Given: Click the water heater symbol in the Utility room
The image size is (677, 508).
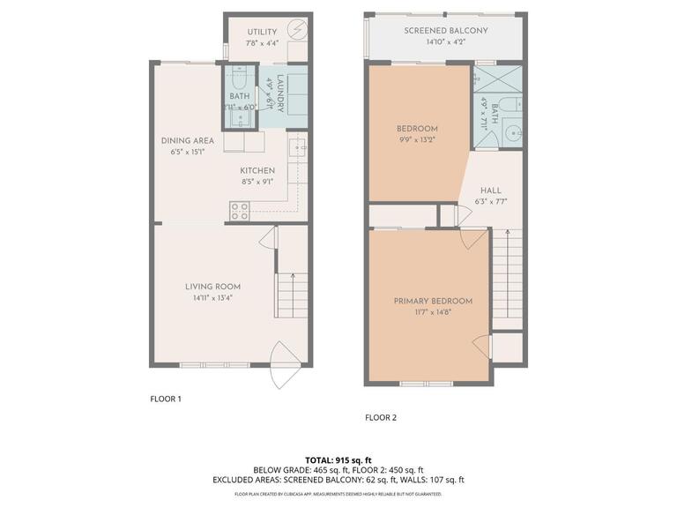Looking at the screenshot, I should click(297, 30).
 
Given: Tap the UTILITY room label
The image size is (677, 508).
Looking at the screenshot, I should click(262, 32).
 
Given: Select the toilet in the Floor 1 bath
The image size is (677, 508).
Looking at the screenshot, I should click(238, 77).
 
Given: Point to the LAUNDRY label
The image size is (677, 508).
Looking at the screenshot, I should click(279, 94).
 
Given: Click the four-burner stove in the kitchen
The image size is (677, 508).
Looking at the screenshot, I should click(239, 211).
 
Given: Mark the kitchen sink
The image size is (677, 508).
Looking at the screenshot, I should click(297, 146).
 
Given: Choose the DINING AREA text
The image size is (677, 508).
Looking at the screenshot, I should click(187, 140).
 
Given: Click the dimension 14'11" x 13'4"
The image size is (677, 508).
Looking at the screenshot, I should click(212, 298).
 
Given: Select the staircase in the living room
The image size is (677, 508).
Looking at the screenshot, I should click(292, 296).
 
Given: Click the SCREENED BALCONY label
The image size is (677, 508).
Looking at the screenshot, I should click(445, 31).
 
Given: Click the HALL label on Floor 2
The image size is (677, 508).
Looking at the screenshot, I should click(491, 190).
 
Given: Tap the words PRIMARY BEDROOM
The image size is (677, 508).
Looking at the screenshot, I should click(432, 301).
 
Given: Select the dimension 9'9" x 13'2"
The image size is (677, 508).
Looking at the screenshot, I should click(416, 139).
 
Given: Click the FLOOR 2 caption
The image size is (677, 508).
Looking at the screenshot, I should click(381, 418).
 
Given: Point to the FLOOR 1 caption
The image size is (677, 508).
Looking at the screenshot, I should click(166, 399).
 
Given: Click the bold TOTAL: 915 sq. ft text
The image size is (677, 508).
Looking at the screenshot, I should click(338, 459).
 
